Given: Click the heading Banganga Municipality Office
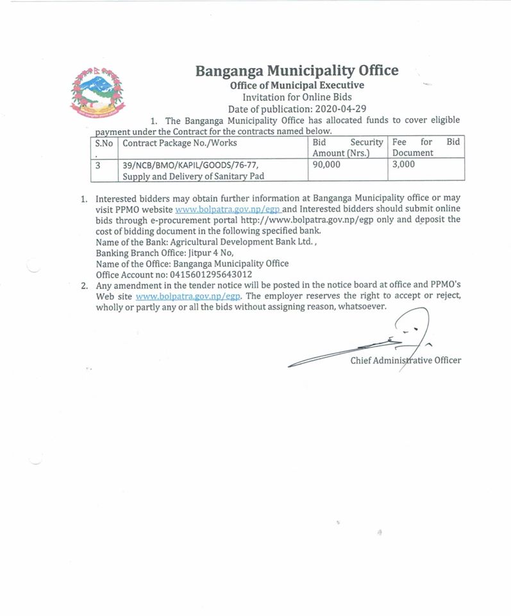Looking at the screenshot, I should point(296,70).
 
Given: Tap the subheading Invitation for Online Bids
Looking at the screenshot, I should point(297,96).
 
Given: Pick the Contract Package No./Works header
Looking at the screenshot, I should point(180,142).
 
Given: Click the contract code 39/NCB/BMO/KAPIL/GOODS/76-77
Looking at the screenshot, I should point(190,166).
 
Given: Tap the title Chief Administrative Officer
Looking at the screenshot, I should point(405,361).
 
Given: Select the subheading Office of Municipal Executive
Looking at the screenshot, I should point(297,84).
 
